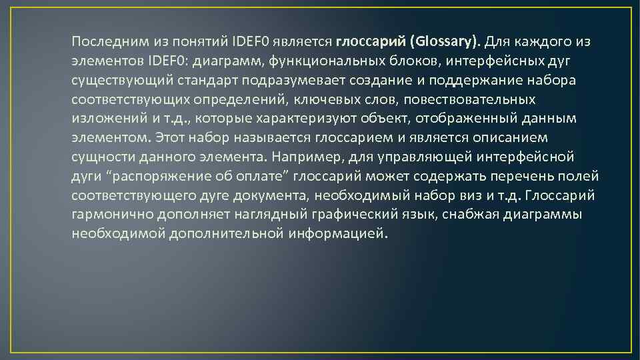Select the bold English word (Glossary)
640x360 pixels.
tap(445, 41)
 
